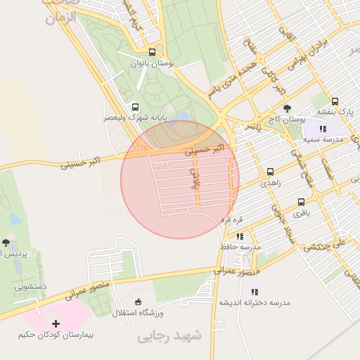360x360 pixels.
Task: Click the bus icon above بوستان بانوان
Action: tap(153, 52)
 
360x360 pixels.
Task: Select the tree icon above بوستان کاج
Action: tap(285, 108)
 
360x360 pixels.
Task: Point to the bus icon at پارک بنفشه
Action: tap(335, 101)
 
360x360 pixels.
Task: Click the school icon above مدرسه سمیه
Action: tap(323, 129)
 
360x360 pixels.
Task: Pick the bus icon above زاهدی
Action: tap(270, 172)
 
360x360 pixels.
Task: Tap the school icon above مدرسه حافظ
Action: tap(240, 236)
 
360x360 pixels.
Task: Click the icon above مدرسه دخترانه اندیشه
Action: tap(255, 290)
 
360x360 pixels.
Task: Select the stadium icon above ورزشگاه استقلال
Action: tap(136, 301)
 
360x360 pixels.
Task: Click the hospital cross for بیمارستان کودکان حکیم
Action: tap(56, 323)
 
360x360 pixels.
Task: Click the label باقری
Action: tap(301, 211)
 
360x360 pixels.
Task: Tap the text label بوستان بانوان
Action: tap(153, 64)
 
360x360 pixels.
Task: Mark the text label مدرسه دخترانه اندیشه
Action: tap(255, 302)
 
